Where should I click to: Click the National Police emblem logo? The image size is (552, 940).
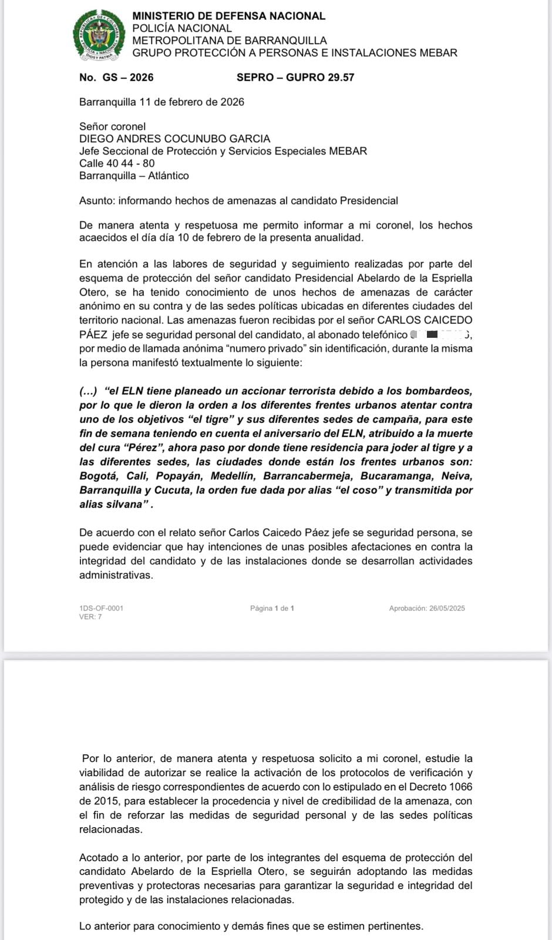(x=99, y=36)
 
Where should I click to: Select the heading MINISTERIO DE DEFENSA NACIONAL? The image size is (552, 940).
(x=228, y=16)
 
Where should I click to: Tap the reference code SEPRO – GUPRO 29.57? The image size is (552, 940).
(x=295, y=78)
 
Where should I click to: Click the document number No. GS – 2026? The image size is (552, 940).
(x=116, y=78)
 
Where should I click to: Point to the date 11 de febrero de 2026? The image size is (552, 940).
(x=191, y=102)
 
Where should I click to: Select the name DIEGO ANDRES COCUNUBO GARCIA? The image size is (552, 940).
(x=174, y=139)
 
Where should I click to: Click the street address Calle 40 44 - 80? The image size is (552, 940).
(x=117, y=163)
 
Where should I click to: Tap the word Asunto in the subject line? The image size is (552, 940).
(x=96, y=201)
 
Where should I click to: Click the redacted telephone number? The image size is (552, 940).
(x=440, y=335)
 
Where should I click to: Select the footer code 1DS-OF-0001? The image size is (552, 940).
(x=101, y=608)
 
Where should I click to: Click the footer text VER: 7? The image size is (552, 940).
(x=90, y=617)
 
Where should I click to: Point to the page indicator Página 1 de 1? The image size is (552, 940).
(x=272, y=609)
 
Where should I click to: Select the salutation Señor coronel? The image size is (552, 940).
(x=112, y=126)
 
